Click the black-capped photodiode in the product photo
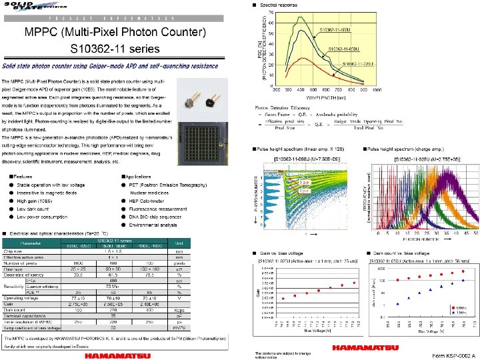214,102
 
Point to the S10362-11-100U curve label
335,31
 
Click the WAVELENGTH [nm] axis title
324,95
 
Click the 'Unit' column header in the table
178,243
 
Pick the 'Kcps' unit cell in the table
178,309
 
